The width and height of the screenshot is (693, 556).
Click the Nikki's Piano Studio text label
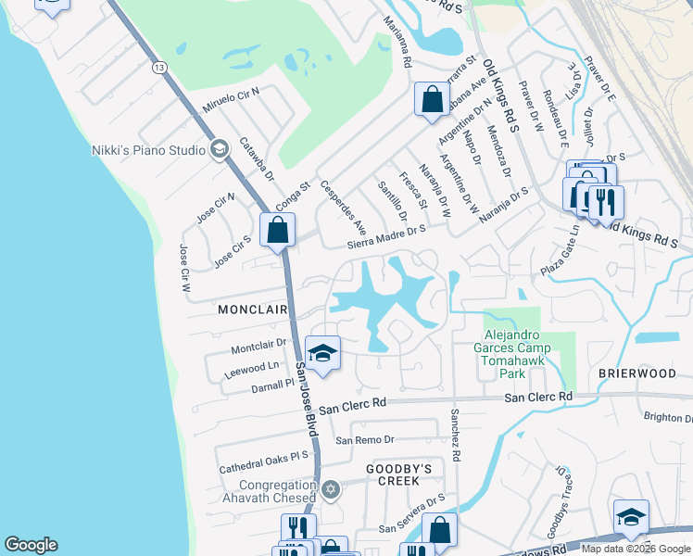pyautogui.click(x=148, y=149)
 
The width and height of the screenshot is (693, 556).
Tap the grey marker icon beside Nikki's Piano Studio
pyautogui.click(x=220, y=148)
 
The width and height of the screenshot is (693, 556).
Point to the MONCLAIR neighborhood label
pyautogui.click(x=251, y=310)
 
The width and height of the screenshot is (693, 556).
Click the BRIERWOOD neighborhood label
pyautogui.click(x=636, y=373)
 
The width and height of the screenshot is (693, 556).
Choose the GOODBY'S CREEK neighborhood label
pyautogui.click(x=399, y=469)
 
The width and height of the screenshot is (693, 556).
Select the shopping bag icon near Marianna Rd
pyautogui.click(x=433, y=98)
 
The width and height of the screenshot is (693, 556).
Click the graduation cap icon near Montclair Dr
pyautogui.click(x=321, y=353)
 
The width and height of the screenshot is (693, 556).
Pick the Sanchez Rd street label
pyautogui.click(x=456, y=436)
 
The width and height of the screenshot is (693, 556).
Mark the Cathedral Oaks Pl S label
pyautogui.click(x=263, y=462)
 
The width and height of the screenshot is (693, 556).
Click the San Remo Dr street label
pyautogui.click(x=365, y=439)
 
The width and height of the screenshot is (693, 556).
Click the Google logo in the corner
pyautogui.click(x=31, y=545)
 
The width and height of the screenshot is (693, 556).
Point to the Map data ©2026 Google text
pyautogui.click(x=636, y=549)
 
